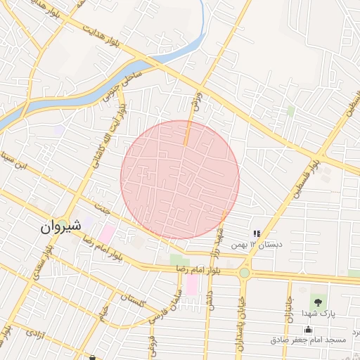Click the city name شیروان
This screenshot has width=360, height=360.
[60, 226]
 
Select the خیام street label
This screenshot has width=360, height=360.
[104, 310]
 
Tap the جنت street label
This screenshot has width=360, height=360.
[102, 211]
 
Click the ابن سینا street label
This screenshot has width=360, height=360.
[15, 157]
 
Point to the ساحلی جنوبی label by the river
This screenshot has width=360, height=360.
[124, 84]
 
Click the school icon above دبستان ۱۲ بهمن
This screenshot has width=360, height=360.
[257, 233]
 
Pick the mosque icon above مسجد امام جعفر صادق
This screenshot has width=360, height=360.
[308, 329]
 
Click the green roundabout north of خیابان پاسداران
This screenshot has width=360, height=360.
[244, 273]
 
